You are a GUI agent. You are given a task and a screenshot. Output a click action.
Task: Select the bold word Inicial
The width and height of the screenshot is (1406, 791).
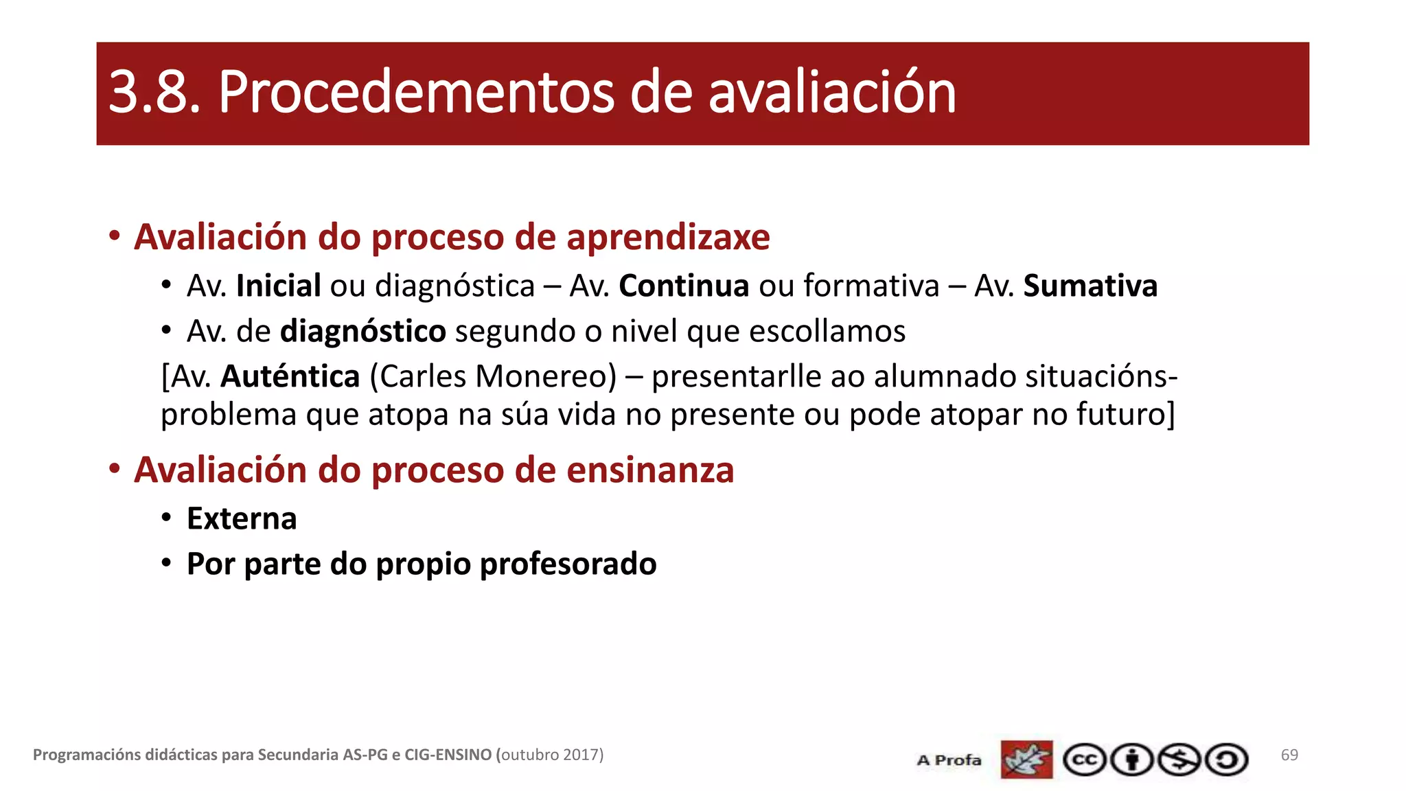278,286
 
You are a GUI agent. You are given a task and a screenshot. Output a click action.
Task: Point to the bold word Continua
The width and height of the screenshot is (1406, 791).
684,286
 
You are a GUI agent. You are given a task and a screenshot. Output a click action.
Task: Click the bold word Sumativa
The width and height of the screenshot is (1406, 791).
1090,286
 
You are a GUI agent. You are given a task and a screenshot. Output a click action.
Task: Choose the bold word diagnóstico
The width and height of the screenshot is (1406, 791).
363,331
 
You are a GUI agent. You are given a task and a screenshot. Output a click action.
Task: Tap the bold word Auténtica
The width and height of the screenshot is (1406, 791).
290,376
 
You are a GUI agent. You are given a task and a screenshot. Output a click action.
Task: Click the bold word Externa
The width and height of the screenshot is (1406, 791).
242,518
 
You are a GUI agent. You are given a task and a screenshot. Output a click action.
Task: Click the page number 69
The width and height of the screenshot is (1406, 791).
1289,755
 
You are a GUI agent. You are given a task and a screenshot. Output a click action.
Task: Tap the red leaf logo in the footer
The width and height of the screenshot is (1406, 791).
1026,759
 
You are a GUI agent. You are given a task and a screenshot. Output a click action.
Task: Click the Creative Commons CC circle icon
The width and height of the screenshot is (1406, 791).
1085,760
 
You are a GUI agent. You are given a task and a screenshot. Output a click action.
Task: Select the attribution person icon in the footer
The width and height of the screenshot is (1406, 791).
1132,760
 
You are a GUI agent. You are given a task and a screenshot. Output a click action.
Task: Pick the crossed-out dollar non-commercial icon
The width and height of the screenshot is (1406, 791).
1179,760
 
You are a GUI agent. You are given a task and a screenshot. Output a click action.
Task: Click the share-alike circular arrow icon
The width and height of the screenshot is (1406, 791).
1227,760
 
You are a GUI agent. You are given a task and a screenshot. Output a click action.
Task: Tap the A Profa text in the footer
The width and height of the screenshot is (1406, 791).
949,760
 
